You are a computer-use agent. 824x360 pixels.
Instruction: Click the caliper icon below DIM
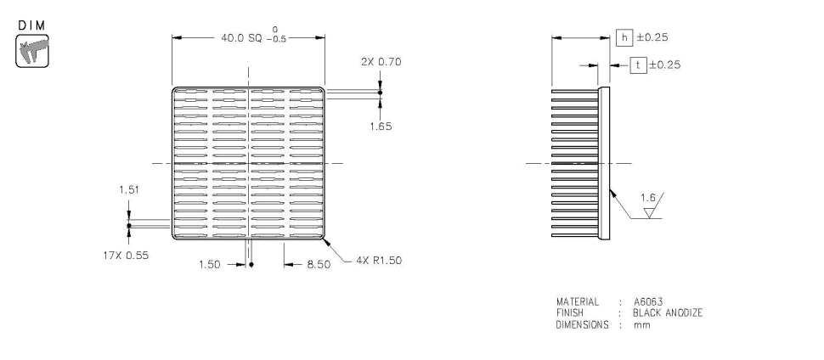point(32,50)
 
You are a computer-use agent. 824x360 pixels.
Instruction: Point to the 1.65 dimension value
point(381,125)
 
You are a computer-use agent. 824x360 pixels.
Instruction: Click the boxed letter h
point(624,37)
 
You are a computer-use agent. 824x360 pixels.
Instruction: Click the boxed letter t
point(637,65)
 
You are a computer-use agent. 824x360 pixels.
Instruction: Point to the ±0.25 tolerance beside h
point(652,37)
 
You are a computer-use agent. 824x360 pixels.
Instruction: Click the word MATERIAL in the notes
point(578,301)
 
